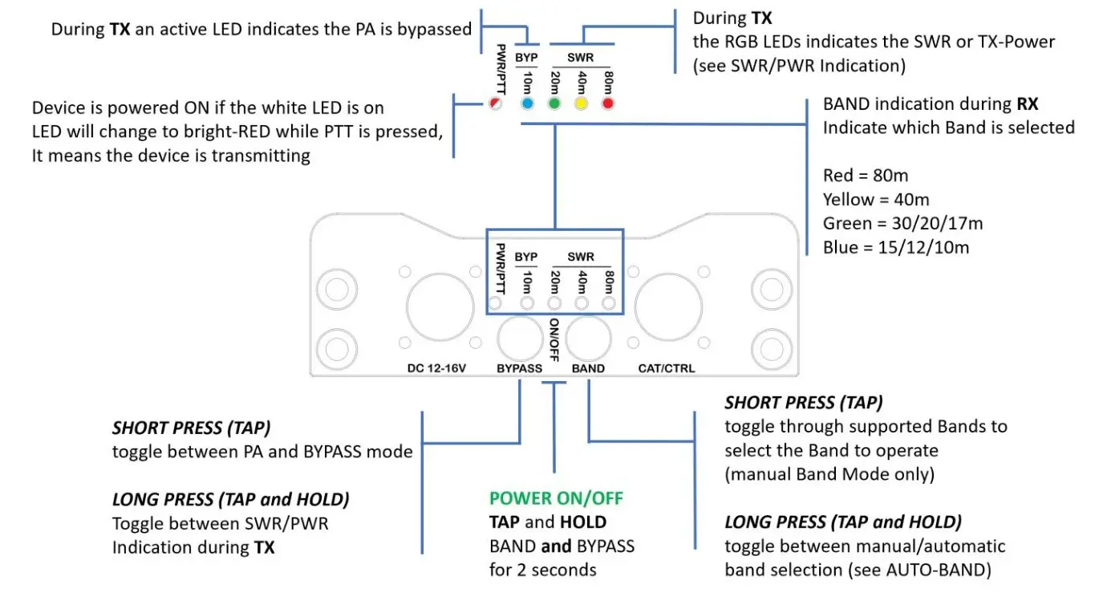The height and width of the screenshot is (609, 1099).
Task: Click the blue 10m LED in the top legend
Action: pos(527,104)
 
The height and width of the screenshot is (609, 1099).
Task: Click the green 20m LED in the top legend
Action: pos(554,104)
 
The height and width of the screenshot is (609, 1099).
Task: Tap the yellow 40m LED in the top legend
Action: pos(581,104)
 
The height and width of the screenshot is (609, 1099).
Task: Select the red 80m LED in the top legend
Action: pos(608,104)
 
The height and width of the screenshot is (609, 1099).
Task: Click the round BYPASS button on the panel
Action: pos(519,337)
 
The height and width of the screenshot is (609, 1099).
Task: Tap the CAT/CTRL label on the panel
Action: pos(667,368)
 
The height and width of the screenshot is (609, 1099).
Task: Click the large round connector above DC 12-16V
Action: pos(440,306)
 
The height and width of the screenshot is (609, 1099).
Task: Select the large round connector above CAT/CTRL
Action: pos(668,306)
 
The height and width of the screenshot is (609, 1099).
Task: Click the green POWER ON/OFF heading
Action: pos(556,498)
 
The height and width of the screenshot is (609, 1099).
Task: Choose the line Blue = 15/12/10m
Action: pos(896,247)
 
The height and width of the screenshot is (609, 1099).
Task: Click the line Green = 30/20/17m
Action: pos(902,223)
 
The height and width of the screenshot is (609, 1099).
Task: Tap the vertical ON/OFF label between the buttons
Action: pos(554,339)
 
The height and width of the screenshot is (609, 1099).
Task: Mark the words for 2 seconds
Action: pos(543,570)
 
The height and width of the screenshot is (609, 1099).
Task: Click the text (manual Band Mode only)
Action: pos(829,474)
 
